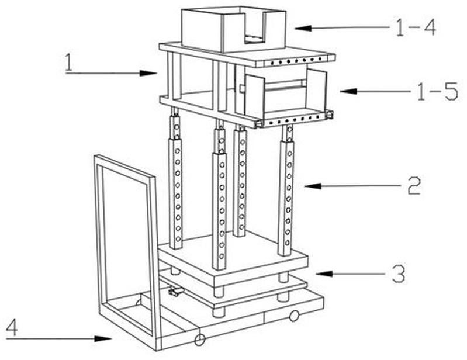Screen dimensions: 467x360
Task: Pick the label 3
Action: pyautogui.click(x=397, y=273)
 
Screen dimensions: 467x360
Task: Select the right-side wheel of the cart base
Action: pyautogui.click(x=294, y=316)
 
